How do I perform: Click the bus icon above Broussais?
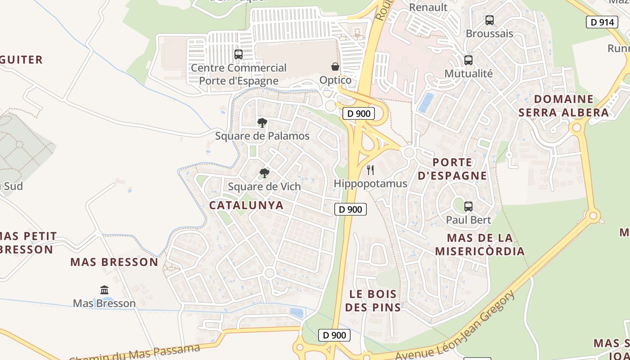(489, 20)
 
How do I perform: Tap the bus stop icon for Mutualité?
(468, 60)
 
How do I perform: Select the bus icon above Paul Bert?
(468, 207)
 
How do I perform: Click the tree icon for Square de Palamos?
(262, 122)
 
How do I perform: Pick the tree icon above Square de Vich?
(264, 173)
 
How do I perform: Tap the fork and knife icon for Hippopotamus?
(370, 170)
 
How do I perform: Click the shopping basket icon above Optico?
(335, 67)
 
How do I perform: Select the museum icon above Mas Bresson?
(104, 290)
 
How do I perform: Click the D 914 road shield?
(602, 22)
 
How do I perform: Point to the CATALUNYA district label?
(247, 205)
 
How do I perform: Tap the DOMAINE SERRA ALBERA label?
(563, 106)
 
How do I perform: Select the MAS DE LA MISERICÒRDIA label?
(480, 244)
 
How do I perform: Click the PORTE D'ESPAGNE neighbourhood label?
(452, 169)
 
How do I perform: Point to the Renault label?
(428, 7)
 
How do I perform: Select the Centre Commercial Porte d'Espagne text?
(238, 74)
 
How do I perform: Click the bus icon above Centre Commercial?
(238, 54)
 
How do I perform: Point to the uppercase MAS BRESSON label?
(114, 262)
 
